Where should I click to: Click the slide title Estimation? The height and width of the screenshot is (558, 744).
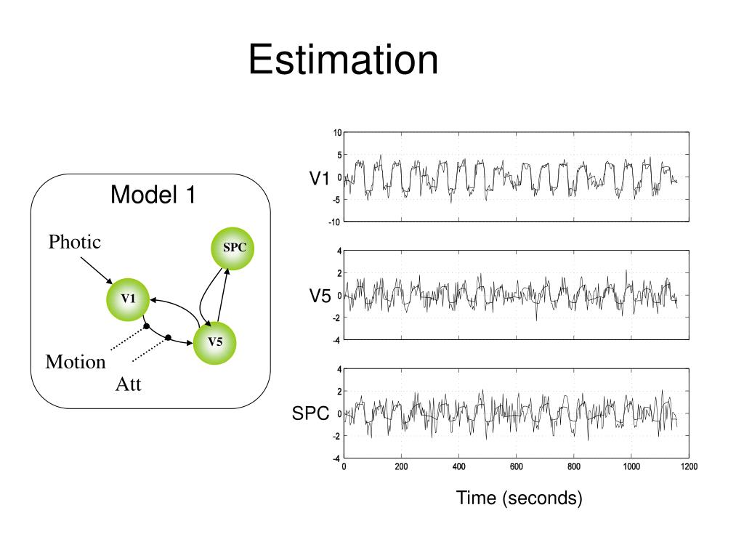[343, 60]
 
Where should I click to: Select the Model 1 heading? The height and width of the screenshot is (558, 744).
[153, 195]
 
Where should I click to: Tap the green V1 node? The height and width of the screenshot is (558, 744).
[129, 298]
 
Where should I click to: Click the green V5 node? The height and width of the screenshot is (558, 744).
[215, 342]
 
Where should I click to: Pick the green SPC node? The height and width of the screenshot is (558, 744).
[234, 247]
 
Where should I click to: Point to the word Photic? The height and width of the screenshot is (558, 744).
[74, 242]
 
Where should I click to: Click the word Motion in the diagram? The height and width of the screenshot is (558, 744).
[76, 362]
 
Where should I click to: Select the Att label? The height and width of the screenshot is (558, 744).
[128, 384]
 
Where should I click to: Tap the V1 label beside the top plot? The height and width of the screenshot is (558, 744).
[320, 178]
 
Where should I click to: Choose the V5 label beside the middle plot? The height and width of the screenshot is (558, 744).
[320, 296]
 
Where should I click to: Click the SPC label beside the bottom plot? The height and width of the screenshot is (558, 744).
[310, 413]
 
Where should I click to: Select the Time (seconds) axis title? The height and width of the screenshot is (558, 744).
[519, 498]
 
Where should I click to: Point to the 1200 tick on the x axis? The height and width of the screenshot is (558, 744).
[688, 467]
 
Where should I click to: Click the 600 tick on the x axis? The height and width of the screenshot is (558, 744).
[516, 467]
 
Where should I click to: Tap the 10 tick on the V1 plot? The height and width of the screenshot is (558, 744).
[337, 133]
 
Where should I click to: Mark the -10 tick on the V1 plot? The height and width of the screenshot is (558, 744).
[336, 221]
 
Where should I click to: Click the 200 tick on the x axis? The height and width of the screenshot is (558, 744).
[401, 467]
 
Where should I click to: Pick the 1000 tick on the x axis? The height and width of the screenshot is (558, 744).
[631, 467]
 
